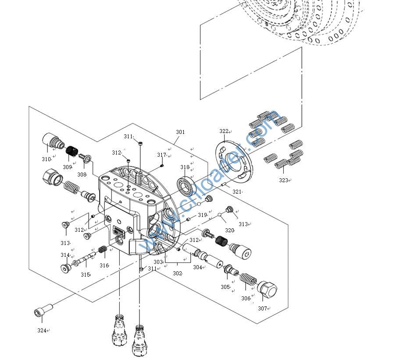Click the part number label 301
(180, 132)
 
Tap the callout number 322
(224, 131)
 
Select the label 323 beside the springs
(283, 180)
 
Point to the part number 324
(42, 330)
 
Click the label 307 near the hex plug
(262, 308)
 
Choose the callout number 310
(46, 159)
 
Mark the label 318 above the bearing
(184, 167)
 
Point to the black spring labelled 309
(70, 153)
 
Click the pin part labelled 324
(42, 310)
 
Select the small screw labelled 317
(161, 166)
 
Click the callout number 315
(85, 274)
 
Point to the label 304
(197, 267)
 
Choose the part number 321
(237, 191)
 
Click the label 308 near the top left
(82, 174)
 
